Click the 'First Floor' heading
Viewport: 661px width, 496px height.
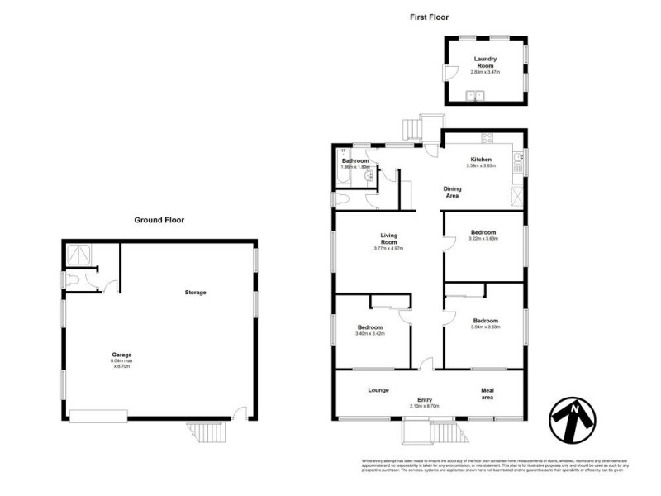(428, 16)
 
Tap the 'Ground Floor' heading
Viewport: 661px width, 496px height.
(159, 220)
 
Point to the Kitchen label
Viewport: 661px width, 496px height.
(481, 160)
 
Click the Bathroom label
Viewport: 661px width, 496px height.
(355, 160)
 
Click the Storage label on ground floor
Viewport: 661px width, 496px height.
(196, 293)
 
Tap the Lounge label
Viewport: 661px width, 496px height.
(378, 390)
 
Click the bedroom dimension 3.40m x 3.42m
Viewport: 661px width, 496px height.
(369, 334)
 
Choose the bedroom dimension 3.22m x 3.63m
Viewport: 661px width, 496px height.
(483, 240)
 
